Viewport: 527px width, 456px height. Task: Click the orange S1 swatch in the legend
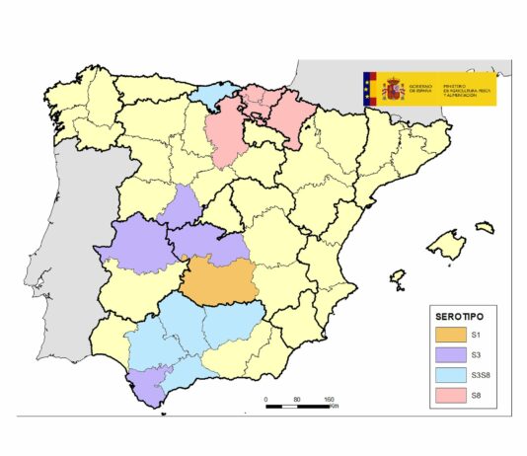coord(450,336)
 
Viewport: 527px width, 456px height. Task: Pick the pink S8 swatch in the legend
coord(450,398)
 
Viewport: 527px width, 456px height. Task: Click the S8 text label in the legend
coord(477,398)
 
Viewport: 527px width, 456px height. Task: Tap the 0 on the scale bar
coord(266,399)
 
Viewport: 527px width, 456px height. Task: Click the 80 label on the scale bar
coord(297,399)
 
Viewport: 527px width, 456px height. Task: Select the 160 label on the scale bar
coord(329,399)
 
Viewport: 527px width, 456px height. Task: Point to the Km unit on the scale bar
coord(337,406)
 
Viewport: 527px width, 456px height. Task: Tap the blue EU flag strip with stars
coord(371,90)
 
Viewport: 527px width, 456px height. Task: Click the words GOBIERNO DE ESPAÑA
coord(420,88)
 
